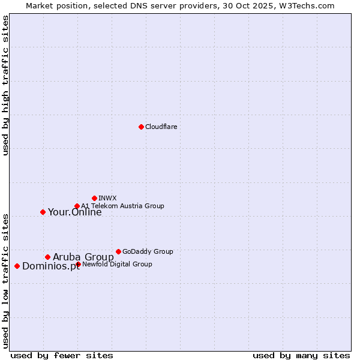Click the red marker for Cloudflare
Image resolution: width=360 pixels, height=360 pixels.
[141, 127]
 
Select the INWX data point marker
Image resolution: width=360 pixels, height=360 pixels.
[94, 198]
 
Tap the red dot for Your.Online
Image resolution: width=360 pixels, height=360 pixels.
[43, 212]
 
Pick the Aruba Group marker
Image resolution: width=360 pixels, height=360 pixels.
[47, 257]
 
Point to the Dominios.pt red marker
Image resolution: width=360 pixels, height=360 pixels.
[17, 266]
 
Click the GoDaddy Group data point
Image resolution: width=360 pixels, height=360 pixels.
[118, 251]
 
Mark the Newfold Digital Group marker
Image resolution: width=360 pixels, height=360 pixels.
[78, 264]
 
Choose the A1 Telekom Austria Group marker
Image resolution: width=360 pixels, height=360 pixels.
[77, 206]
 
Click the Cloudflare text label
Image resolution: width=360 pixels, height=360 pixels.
[161, 127]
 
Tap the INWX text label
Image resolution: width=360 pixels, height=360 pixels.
[107, 198]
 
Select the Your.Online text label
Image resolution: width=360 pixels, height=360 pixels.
[74, 212]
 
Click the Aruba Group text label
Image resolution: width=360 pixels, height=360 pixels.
[83, 257]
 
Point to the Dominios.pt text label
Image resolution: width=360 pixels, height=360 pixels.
[50, 266]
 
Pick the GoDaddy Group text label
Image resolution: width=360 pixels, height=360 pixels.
[148, 251]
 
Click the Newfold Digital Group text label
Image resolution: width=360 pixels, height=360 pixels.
[117, 264]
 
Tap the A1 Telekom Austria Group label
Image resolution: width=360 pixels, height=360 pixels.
[122, 206]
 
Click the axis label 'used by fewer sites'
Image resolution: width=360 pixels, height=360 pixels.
[62, 355]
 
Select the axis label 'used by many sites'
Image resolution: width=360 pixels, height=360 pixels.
[301, 355]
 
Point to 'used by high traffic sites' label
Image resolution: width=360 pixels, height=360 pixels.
[6, 85]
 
